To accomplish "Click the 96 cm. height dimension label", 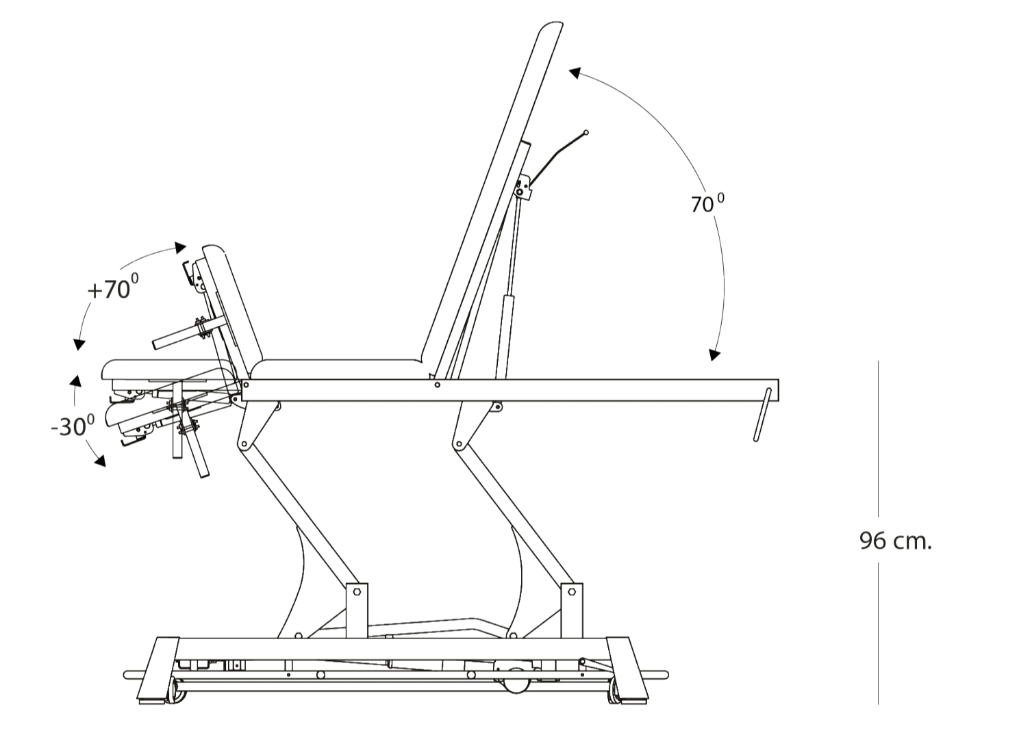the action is tap(895, 541).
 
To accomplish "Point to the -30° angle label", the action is tap(73, 426).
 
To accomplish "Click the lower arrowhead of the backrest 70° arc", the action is tap(715, 355).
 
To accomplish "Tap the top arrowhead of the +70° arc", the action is tap(181, 248).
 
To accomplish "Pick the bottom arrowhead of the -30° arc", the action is tap(100, 461).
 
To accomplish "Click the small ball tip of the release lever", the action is tap(586, 133).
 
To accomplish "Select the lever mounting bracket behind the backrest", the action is tap(523, 187).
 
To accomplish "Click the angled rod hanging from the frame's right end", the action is tap(762, 415).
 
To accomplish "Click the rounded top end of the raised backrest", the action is tap(552, 27).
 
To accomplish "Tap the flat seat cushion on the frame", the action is tap(338, 370).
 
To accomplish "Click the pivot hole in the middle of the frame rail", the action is tap(437, 385).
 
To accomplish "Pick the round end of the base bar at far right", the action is tap(666, 675).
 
